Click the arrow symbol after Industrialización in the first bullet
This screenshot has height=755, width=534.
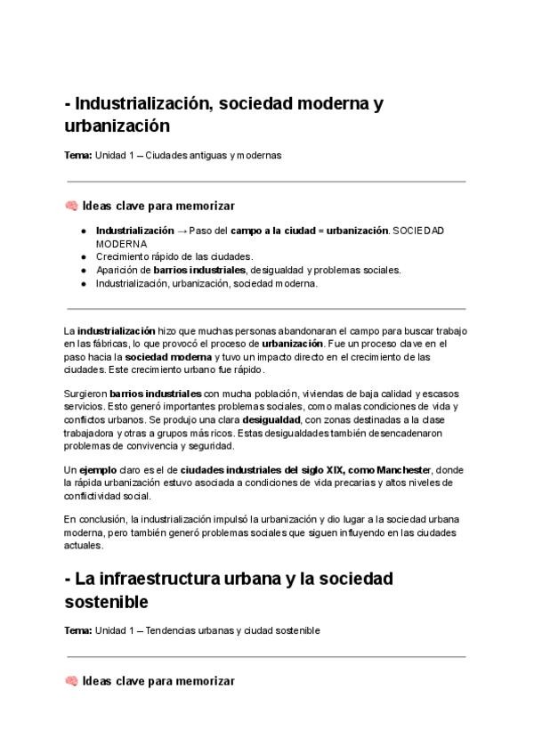tap(182, 231)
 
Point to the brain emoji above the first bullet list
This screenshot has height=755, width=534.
tap(72, 206)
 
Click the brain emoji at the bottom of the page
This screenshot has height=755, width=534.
tap(72, 681)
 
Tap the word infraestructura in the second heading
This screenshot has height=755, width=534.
tap(177, 578)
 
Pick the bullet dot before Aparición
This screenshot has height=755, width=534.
tap(82, 270)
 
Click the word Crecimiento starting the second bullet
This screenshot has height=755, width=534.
tap(122, 256)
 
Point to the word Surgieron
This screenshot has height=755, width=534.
tap(85, 393)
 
